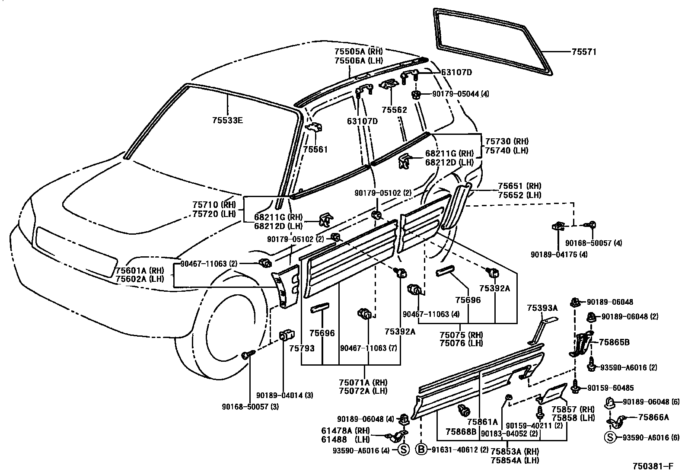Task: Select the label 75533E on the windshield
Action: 227,121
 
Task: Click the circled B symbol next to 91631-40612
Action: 421,449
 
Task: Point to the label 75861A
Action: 482,421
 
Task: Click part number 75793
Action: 302,348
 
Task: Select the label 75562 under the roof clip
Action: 394,110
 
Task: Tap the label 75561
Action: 315,150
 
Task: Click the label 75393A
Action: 542,308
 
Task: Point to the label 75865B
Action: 614,342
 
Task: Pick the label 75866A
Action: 653,417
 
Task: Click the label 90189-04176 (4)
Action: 559,255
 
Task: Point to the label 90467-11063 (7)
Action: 368,348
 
